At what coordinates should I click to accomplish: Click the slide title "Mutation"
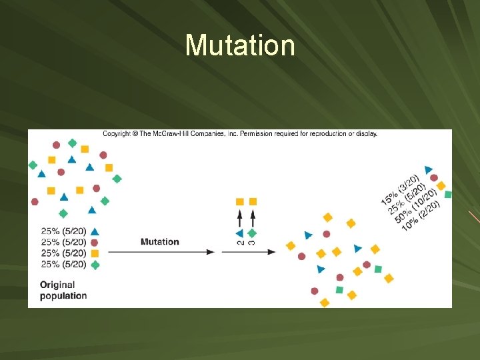[x=240, y=45]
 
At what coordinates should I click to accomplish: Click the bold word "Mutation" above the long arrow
[x=160, y=241]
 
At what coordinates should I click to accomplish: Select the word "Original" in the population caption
[x=57, y=285]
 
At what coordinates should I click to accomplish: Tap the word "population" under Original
[x=63, y=295]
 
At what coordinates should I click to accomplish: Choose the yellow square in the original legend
[x=95, y=253]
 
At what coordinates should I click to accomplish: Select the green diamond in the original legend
[x=95, y=265]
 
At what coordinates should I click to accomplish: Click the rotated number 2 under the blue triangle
[x=241, y=243]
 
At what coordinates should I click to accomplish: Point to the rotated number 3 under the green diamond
[x=251, y=243]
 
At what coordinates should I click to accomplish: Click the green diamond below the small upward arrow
[x=252, y=233]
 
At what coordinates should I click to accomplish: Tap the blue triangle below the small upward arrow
[x=240, y=233]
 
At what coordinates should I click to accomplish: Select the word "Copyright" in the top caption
[x=115, y=133]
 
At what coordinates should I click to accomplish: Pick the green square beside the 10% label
[x=448, y=195]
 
